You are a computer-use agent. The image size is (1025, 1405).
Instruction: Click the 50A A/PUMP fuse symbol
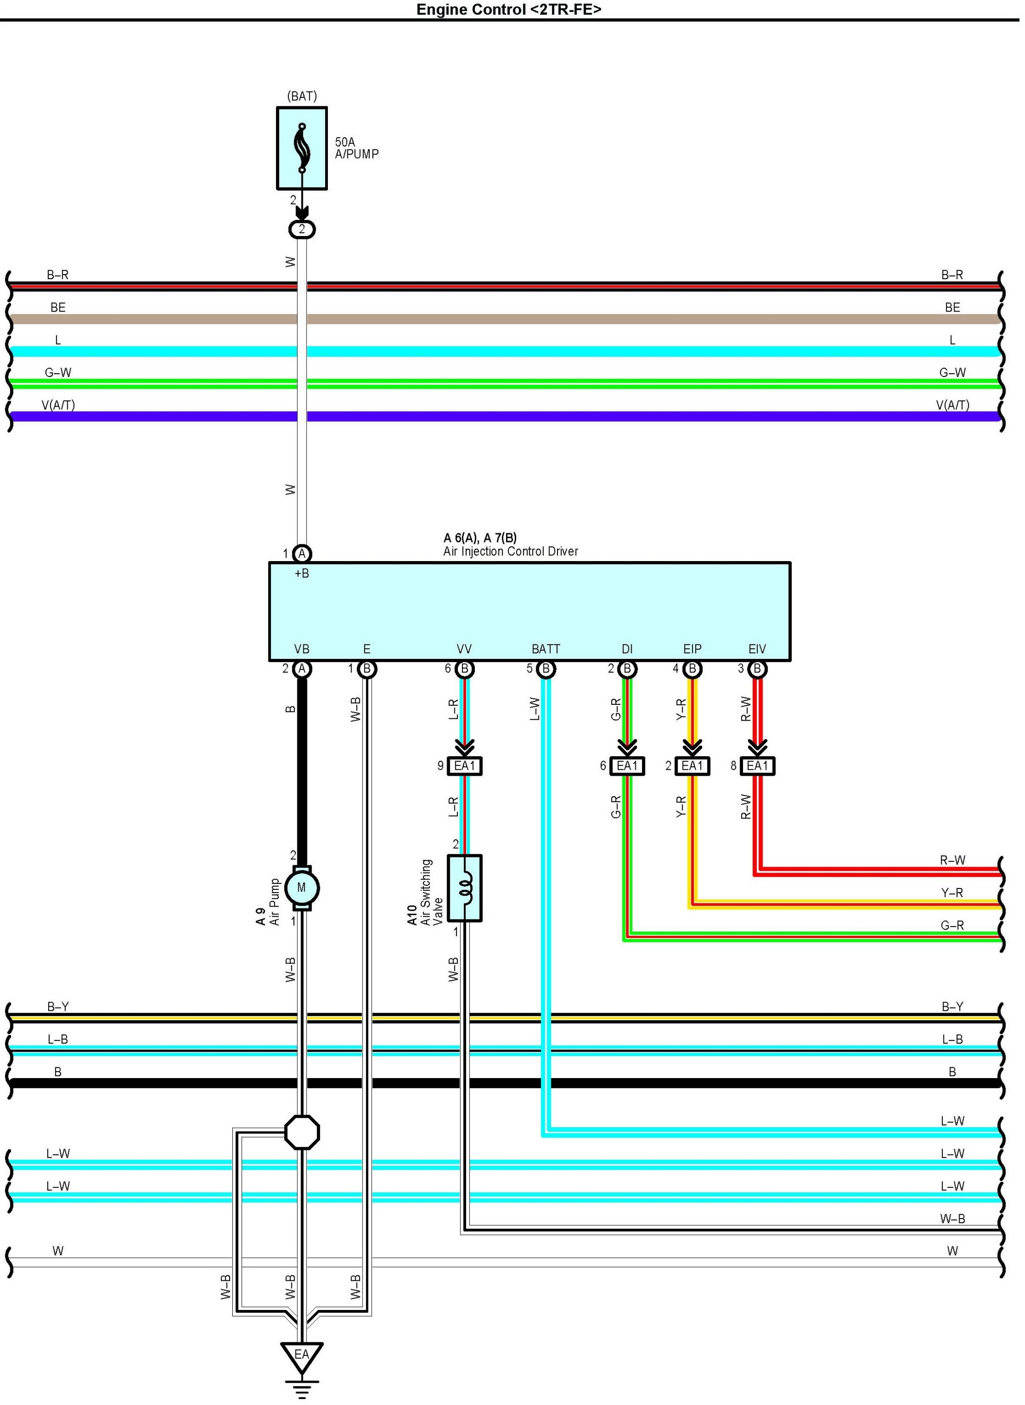(301, 148)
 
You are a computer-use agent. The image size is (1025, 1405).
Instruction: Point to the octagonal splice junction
(302, 1133)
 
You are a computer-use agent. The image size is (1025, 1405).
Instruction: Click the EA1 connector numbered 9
(465, 766)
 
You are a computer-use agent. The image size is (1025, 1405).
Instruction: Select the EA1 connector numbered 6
(627, 766)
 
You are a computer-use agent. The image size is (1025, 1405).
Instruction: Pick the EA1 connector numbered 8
(757, 766)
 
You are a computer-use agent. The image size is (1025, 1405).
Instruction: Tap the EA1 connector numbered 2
(692, 766)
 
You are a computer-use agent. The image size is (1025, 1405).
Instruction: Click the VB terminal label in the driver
(301, 649)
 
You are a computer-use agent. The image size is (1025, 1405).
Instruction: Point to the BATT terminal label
(546, 649)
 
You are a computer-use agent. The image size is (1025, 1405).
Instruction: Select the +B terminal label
(301, 574)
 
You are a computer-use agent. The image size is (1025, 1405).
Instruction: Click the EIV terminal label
(757, 649)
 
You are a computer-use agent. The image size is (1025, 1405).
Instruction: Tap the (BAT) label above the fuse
(302, 96)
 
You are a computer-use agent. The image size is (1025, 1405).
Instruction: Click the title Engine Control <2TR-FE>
(509, 9)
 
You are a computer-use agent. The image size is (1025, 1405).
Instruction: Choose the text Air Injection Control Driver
(511, 551)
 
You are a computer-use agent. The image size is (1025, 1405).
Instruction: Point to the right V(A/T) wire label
(952, 405)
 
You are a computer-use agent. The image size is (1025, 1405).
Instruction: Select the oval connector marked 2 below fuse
(302, 230)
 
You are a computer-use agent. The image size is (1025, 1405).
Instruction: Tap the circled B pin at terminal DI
(627, 669)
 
